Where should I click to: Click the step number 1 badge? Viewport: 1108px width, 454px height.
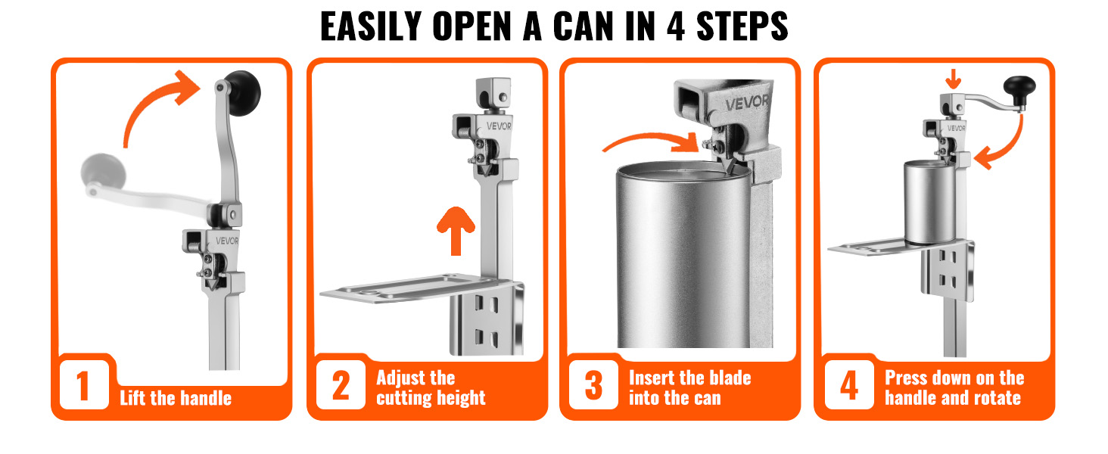[84, 385]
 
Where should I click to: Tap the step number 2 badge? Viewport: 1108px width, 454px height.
[341, 385]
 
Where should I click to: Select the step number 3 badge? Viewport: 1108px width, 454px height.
[593, 385]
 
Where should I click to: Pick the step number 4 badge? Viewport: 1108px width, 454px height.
[849, 385]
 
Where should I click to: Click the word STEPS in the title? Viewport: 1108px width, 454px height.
[742, 26]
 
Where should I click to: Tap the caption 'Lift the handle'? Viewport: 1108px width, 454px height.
[176, 398]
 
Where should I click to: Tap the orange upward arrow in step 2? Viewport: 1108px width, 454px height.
[456, 231]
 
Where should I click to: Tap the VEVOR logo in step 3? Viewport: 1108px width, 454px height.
[747, 103]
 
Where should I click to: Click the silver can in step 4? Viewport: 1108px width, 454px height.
[930, 202]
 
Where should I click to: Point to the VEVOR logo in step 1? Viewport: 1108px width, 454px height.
[227, 241]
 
